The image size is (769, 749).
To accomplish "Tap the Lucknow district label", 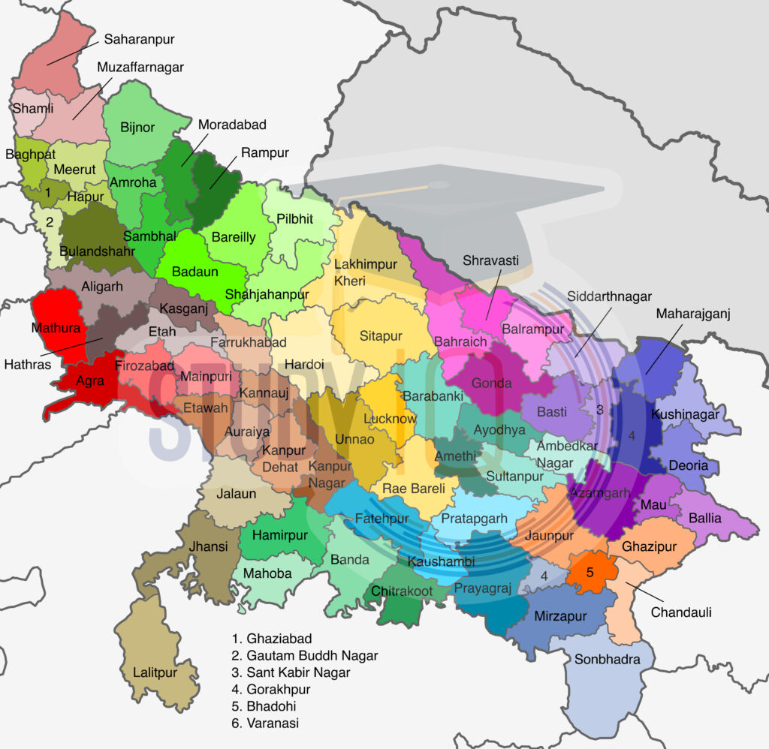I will pyautogui.click(x=389, y=419).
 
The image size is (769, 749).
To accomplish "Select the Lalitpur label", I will pyautogui.click(x=155, y=672).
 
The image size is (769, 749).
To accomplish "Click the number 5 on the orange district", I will pyautogui.click(x=590, y=573).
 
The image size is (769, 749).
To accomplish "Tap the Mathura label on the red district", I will pyautogui.click(x=56, y=327).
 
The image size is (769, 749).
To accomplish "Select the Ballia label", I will pyautogui.click(x=704, y=518).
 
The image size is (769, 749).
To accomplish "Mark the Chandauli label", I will pyautogui.click(x=680, y=612).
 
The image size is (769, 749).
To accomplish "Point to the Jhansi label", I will pyautogui.click(x=208, y=546).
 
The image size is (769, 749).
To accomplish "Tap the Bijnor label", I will pyautogui.click(x=137, y=127).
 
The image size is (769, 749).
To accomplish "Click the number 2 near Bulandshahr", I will pyautogui.click(x=50, y=221).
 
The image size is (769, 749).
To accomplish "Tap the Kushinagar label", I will pyautogui.click(x=684, y=414).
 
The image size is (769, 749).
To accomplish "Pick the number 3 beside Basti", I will pyautogui.click(x=600, y=410).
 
